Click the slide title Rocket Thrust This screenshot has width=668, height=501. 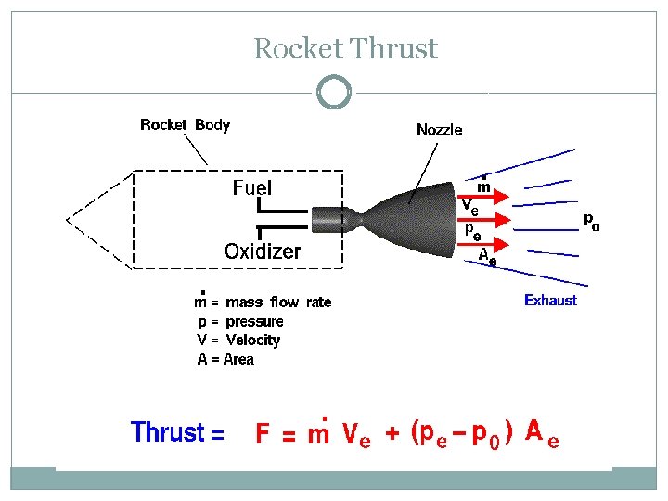(x=345, y=48)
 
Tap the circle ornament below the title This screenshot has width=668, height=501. (x=334, y=77)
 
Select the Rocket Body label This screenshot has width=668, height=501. (x=186, y=125)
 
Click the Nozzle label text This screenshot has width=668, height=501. (x=439, y=130)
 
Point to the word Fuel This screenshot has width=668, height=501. (x=252, y=187)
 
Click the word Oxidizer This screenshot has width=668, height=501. (x=263, y=250)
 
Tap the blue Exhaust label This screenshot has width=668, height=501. (x=550, y=300)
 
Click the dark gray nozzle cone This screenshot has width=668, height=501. (x=409, y=220)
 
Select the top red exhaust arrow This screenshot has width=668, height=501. (x=483, y=197)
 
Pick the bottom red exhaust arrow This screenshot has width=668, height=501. (x=483, y=244)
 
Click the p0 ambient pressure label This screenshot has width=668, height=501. (x=592, y=222)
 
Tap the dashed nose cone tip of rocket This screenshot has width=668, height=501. (x=67, y=220)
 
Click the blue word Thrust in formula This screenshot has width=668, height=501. (x=168, y=431)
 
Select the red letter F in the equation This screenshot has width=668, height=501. (x=263, y=433)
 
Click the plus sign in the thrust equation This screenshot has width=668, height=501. (x=392, y=433)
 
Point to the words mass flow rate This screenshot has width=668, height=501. (x=278, y=302)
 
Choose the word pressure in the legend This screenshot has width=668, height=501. (x=254, y=322)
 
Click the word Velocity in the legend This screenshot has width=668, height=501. (x=253, y=340)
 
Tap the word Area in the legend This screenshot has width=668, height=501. (x=238, y=359)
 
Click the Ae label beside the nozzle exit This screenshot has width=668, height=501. (x=487, y=256)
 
